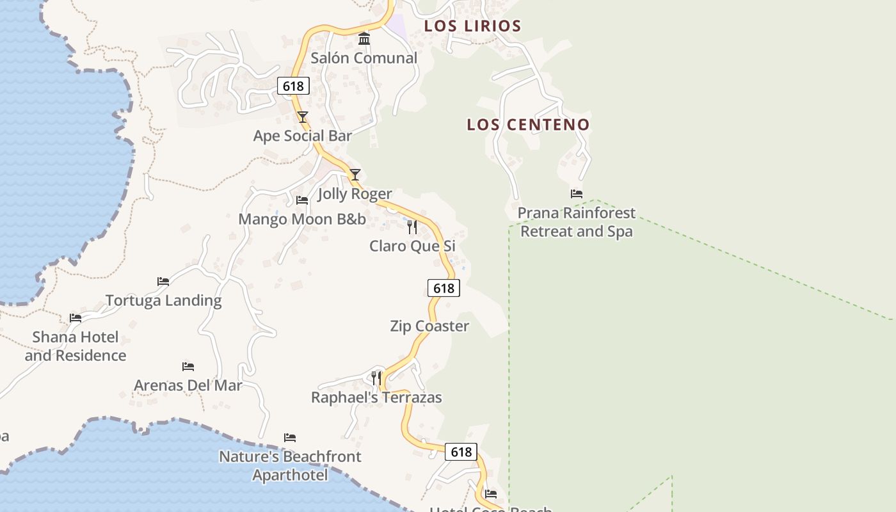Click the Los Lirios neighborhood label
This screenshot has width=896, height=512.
472,26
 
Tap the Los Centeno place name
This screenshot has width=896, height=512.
528,125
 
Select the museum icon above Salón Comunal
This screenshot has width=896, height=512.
364,39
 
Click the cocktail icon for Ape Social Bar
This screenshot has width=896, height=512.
303,117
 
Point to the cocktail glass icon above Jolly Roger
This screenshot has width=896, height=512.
355,175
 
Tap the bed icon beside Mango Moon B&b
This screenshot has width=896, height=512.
302,200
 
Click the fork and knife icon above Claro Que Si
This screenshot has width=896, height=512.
412,227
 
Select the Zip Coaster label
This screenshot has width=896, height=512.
429,326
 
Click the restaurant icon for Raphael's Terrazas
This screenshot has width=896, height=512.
376,378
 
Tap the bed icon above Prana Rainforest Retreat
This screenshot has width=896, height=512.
577,194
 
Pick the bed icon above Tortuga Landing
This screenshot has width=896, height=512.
163,282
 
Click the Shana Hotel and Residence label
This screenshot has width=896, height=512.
76,346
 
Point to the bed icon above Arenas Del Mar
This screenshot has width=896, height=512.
188,367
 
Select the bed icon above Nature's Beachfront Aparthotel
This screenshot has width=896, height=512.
290,438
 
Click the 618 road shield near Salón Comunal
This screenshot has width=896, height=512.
294,86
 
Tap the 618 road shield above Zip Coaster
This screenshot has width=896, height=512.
444,288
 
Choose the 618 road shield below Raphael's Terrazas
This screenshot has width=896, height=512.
461,452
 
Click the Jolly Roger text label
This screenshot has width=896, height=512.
355,194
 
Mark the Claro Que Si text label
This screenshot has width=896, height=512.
412,246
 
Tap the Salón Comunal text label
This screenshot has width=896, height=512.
364,58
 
